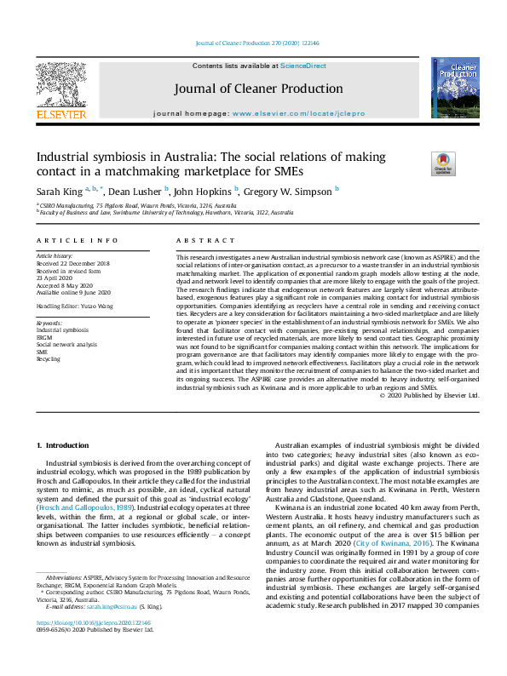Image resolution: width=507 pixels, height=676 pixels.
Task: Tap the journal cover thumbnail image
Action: [454, 88]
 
